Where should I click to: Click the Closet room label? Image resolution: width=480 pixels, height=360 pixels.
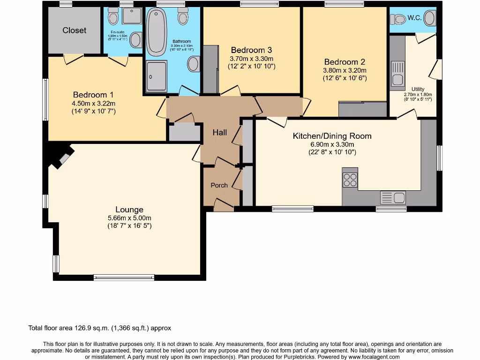click(x=75, y=30)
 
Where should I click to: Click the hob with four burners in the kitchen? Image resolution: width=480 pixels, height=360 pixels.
click(x=350, y=180)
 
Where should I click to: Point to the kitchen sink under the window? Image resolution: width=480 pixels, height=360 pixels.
click(x=393, y=197)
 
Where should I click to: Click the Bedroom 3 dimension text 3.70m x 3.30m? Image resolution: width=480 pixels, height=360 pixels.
click(x=251, y=59)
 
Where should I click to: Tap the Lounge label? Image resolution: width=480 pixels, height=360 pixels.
click(x=129, y=210)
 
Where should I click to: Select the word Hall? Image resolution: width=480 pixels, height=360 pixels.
click(x=220, y=133)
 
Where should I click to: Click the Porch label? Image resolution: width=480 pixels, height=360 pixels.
click(x=219, y=185)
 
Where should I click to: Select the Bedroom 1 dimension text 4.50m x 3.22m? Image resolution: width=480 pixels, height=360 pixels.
click(x=94, y=104)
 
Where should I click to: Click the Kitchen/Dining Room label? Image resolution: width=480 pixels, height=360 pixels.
click(x=332, y=136)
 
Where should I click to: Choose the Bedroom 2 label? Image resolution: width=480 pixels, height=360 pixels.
click(x=344, y=62)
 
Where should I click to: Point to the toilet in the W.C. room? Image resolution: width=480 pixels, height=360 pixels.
click(x=399, y=19)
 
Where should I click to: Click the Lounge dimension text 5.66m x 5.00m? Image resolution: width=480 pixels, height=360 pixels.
click(x=129, y=218)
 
